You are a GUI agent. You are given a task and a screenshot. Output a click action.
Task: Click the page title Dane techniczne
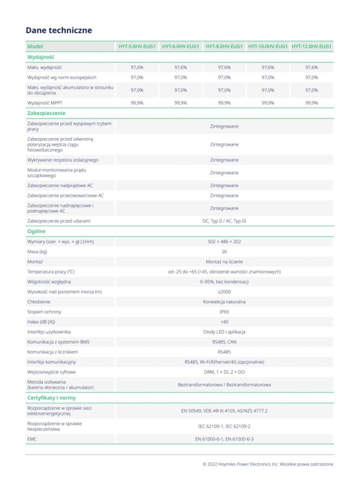[59, 31]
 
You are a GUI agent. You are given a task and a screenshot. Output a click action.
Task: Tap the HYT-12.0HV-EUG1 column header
[311, 47]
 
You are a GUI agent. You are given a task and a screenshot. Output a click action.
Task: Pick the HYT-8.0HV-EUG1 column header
[224, 47]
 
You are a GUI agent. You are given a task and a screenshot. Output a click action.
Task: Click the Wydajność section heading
[41, 57]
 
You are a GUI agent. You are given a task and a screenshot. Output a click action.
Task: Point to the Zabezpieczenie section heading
[46, 113]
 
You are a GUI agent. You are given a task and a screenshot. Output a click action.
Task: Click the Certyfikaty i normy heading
[51, 398]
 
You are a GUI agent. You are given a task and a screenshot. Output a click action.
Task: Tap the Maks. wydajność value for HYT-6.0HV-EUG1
[181, 67]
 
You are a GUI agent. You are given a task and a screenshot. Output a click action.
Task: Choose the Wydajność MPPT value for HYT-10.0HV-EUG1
[268, 103]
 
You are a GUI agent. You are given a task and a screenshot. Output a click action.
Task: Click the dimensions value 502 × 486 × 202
[224, 242]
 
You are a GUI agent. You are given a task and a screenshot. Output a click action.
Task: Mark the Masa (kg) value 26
[224, 251]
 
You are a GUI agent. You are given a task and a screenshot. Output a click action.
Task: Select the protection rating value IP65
[224, 312]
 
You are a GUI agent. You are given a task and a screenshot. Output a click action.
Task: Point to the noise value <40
[224, 322]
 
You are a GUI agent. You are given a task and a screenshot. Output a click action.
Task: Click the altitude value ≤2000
[224, 292]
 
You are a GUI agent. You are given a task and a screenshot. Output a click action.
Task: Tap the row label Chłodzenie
[39, 302]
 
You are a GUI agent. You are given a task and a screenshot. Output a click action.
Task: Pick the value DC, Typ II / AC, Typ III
[224, 221]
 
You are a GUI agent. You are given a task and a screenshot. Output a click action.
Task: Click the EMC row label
[32, 439]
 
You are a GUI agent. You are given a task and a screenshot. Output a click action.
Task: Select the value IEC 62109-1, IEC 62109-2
[224, 426]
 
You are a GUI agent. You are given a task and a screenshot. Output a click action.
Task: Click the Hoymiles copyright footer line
[268, 464]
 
